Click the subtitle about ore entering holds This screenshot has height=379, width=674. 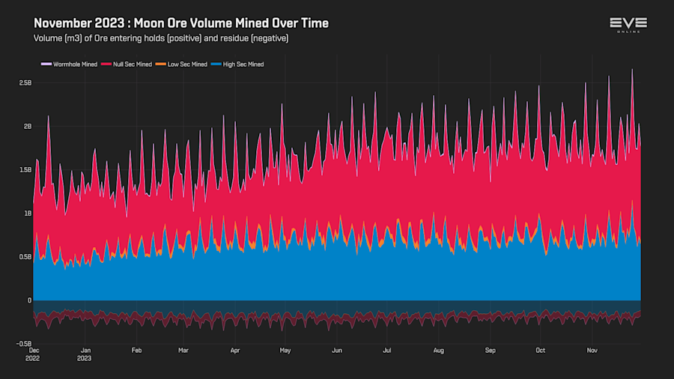161,38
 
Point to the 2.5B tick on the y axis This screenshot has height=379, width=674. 25,83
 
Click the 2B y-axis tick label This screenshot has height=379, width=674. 27,127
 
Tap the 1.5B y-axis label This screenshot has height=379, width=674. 25,170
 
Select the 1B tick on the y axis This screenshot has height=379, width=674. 27,213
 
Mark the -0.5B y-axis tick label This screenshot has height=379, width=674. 23,344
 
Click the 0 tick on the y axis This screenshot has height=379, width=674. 29,300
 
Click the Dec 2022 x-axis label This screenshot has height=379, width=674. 34,354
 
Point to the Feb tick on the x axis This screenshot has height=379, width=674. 137,350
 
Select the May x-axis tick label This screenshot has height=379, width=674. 285,350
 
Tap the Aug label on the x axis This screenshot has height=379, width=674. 439,350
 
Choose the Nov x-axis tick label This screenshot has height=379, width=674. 592,350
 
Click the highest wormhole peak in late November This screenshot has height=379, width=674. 632,70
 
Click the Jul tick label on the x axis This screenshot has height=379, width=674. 386,350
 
